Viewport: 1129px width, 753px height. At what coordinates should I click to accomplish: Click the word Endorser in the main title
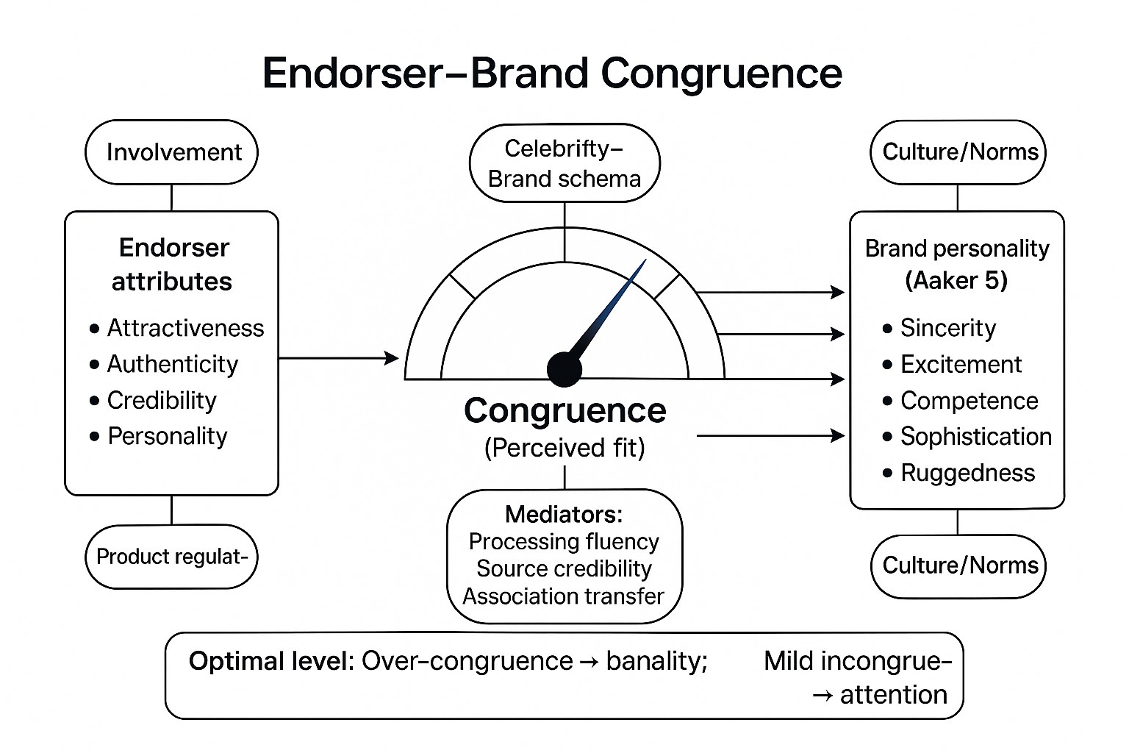(x=353, y=74)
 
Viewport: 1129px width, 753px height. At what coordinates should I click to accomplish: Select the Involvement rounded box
(x=172, y=152)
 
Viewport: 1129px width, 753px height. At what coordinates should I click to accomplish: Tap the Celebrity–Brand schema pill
(x=564, y=163)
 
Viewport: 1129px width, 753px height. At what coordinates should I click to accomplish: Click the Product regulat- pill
(x=172, y=557)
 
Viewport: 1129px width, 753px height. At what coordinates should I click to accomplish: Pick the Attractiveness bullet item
(x=185, y=328)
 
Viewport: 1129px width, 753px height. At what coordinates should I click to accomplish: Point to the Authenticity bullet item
(x=173, y=364)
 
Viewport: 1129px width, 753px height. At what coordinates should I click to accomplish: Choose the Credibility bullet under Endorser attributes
(x=162, y=400)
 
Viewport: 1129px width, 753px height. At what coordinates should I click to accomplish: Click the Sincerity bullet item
(x=948, y=328)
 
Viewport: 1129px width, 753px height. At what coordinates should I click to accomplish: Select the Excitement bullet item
(x=961, y=364)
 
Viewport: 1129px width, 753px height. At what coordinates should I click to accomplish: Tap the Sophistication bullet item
(x=975, y=437)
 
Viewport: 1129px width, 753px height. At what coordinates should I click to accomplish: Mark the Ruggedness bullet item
(x=967, y=473)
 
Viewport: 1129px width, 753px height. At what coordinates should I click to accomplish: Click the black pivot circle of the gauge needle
(x=564, y=368)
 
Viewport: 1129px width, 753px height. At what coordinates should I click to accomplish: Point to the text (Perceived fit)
(x=564, y=448)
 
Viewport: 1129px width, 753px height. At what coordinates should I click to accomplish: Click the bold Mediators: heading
(x=564, y=514)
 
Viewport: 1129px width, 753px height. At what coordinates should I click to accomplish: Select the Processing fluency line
(x=564, y=542)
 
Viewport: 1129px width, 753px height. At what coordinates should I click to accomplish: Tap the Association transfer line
(x=564, y=596)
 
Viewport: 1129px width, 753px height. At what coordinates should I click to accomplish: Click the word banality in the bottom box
(x=656, y=661)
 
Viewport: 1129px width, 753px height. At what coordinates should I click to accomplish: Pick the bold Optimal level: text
(x=272, y=661)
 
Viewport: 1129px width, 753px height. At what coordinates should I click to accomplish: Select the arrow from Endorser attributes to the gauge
(x=338, y=358)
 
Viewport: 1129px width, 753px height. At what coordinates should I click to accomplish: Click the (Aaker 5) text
(x=956, y=281)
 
